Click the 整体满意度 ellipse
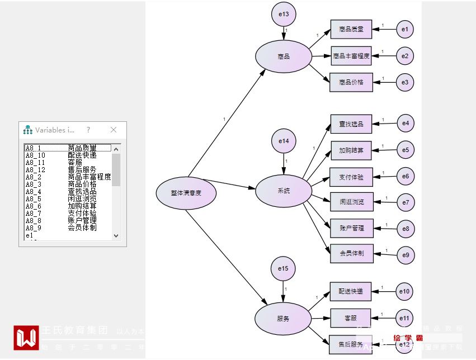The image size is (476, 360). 186,193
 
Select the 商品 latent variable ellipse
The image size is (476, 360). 283,56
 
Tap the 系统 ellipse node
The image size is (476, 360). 283,191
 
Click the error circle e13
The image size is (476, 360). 284,15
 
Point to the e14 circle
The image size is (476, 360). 284,141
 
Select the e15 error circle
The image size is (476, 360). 283,269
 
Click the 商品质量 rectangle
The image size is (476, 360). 351,29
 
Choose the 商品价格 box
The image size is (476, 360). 351,83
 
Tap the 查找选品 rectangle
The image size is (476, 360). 351,124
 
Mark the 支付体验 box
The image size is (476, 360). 351,177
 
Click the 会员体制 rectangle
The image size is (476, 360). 351,253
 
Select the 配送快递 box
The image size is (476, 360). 351,291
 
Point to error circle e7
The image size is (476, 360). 406,202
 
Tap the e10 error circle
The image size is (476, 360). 405,291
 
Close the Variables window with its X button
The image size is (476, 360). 114,130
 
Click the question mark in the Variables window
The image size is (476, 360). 88,130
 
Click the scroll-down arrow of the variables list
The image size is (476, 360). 116,236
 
